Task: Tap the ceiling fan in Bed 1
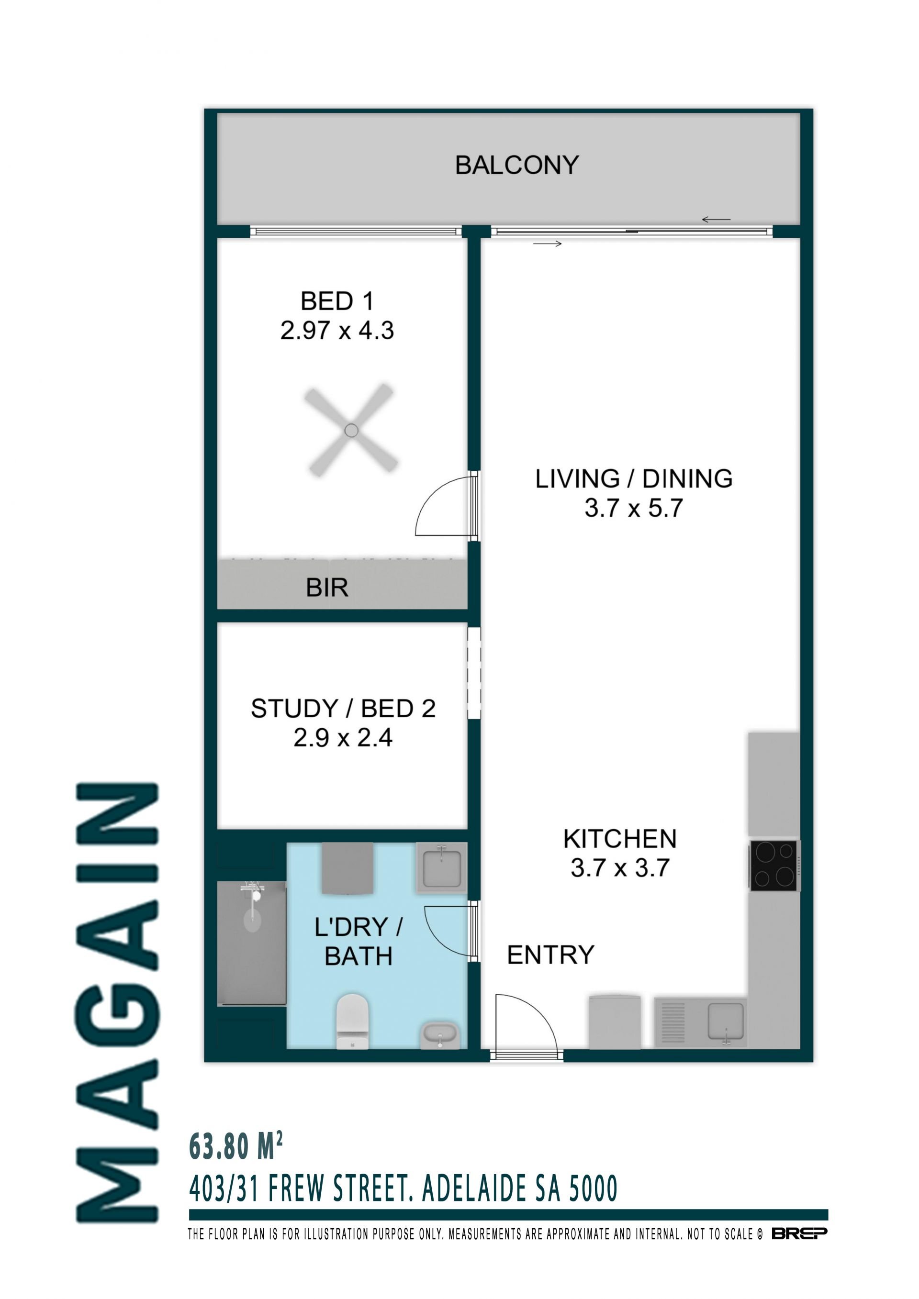coord(351,431)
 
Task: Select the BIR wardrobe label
coord(327,588)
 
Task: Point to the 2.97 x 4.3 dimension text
coord(337,331)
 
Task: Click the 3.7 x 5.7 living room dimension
coord(634,508)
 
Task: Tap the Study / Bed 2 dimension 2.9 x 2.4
coord(343,738)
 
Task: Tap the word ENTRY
coord(550,955)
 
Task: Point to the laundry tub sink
coord(441,867)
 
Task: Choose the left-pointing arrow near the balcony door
coord(716,220)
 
